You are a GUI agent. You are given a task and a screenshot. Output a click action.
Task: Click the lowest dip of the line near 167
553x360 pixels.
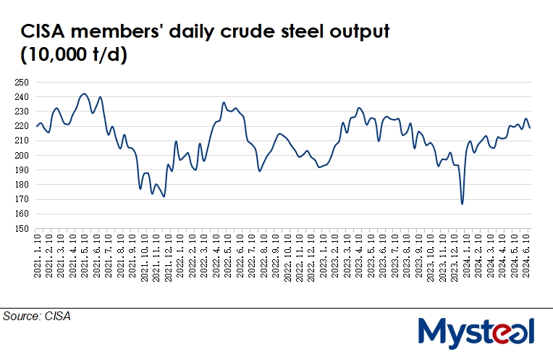[x=462, y=204]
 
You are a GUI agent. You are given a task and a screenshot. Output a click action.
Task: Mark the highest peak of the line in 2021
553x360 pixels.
[x=84, y=93]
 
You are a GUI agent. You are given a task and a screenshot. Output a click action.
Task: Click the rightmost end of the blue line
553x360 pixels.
[x=531, y=127]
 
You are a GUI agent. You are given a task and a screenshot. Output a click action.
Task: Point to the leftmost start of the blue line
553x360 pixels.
[x=37, y=126]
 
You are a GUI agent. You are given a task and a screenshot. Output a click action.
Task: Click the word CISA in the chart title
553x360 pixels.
[x=45, y=32]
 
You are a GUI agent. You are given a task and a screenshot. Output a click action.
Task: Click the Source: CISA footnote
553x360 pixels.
[x=37, y=317]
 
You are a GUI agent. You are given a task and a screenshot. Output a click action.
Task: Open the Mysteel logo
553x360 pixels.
[x=476, y=333]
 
